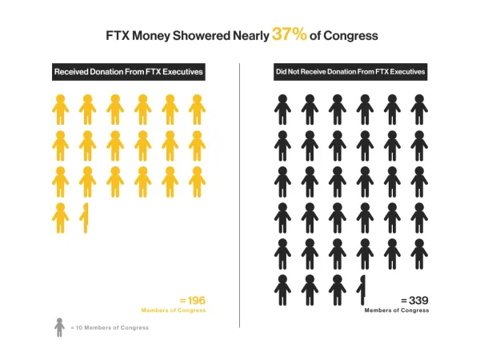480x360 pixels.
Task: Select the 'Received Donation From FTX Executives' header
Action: [x=128, y=72]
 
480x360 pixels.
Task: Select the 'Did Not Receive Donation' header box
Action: [x=349, y=72]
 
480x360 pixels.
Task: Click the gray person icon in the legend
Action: [x=59, y=327]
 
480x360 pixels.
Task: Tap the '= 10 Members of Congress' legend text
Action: [x=110, y=328]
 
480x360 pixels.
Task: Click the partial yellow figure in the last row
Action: [x=84, y=218]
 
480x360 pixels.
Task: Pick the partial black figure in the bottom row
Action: [x=363, y=290]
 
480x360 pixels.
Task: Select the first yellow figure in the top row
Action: [x=60, y=110]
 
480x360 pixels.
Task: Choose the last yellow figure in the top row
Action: [x=197, y=110]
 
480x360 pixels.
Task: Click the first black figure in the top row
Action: [x=282, y=110]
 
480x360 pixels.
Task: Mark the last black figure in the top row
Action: [x=418, y=110]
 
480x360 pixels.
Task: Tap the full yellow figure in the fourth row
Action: [x=60, y=218]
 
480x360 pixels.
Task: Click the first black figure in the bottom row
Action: [x=282, y=290]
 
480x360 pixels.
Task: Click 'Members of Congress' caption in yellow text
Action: [x=174, y=310]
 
